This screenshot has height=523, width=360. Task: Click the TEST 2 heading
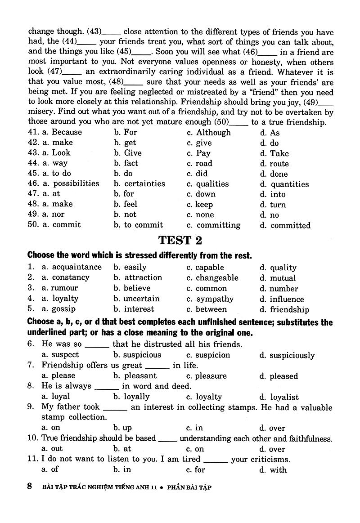(180, 241)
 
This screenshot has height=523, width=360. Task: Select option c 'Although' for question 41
(213, 132)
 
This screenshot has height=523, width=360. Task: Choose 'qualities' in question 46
(212, 184)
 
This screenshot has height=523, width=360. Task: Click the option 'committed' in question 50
(290, 225)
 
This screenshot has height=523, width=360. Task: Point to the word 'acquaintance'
(77, 267)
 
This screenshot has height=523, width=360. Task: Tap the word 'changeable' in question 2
(217, 278)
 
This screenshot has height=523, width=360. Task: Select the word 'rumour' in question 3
(64, 288)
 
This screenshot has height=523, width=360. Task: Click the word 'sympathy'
(215, 299)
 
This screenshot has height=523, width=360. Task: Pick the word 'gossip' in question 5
(63, 309)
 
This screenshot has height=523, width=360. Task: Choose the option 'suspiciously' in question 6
(292, 355)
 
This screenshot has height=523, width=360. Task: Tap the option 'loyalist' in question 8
(284, 397)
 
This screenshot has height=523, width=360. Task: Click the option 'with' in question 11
(278, 470)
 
